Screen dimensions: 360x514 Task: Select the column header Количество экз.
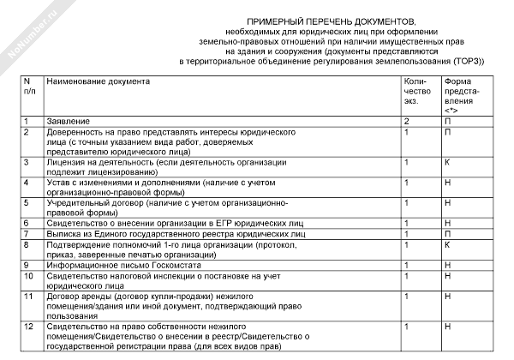click(x=415, y=90)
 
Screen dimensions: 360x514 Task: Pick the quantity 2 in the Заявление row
click(x=406, y=122)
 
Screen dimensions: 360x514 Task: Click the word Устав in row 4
click(x=58, y=183)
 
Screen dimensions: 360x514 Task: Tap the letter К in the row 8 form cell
click(x=447, y=244)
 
